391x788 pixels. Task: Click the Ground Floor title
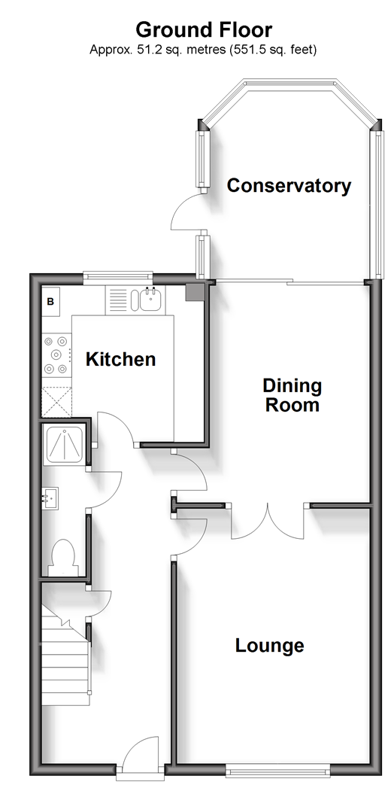coord(204,30)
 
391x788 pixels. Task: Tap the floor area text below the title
coord(203,50)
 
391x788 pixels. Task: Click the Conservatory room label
coord(289,185)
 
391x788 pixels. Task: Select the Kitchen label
coord(120,359)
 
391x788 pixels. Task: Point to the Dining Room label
coord(292,395)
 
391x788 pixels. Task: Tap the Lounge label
coord(269,645)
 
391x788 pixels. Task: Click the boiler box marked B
coord(50,302)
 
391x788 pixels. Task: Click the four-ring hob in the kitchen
coord(56,354)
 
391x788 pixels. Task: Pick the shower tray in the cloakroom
coord(65,445)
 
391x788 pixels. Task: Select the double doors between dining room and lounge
coord(268,521)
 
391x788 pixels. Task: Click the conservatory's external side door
coord(188,211)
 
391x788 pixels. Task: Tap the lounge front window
coord(277,768)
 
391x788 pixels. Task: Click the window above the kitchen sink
coord(117,275)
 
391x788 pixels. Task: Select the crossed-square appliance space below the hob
coord(56,402)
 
